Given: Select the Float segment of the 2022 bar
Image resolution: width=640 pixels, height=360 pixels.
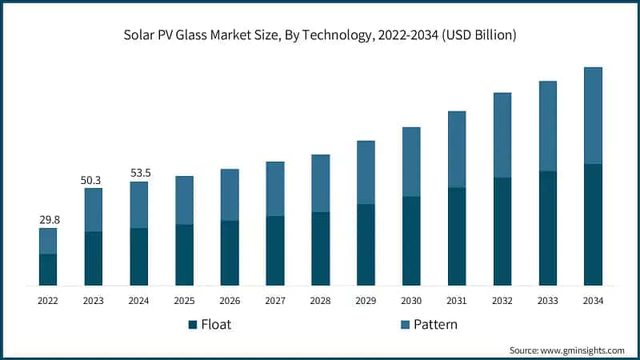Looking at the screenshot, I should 48,270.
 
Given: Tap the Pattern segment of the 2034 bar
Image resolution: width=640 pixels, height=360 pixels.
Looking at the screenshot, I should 593,116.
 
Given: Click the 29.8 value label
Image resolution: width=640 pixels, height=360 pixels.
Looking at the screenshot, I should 48,218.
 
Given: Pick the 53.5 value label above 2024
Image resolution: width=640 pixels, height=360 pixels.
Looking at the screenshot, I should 139,172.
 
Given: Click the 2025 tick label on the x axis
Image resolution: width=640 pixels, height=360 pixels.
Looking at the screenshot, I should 184,301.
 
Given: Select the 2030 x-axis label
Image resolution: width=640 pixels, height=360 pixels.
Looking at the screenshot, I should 411,301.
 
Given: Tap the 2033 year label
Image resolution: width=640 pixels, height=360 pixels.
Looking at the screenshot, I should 547,301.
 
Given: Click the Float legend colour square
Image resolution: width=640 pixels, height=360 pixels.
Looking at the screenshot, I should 193,325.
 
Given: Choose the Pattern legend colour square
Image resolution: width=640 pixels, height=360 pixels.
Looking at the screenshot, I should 402,325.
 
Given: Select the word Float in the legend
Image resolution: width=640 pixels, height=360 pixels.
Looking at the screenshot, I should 216,325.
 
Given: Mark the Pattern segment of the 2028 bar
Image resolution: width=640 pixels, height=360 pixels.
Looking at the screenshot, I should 320,183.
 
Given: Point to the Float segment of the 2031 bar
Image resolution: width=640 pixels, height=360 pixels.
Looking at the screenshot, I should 457,237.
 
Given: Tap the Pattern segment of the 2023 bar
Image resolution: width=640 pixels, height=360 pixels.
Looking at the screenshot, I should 94,210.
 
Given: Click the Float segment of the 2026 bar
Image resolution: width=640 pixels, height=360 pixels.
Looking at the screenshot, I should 230,253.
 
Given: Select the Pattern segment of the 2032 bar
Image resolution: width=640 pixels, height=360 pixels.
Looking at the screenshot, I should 502,135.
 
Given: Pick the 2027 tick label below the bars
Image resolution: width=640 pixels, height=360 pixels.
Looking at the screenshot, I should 275,301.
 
